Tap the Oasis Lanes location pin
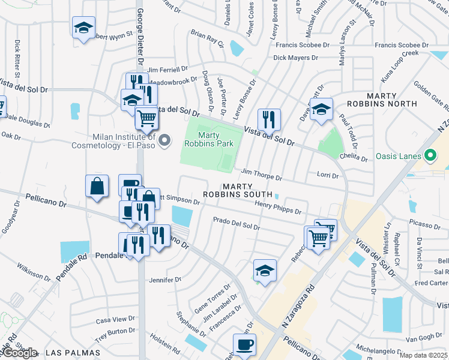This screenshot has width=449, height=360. pos(430,156)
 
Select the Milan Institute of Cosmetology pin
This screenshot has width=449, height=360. pos(165,140)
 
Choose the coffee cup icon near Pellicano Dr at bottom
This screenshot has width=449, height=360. pos(244,345)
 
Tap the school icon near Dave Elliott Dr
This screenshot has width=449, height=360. pos(322,109)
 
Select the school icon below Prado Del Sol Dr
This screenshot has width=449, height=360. pos(265,270)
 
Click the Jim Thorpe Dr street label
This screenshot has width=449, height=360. pos(261,175)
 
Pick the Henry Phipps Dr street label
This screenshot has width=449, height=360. pos(277,208)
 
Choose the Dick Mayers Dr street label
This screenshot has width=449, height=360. pos(295,58)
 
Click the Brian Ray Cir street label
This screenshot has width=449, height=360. pos(206,39)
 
